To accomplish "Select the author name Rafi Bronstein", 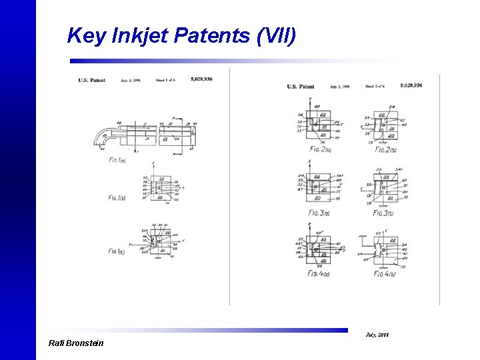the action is click(x=76, y=343).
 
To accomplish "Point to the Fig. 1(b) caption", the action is click(x=118, y=198).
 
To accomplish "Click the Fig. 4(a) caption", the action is click(x=318, y=273).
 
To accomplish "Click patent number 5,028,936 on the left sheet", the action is click(x=201, y=79).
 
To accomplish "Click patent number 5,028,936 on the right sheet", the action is click(x=411, y=85).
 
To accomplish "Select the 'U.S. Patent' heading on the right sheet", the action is click(x=301, y=87).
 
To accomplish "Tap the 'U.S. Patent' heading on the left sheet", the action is click(x=91, y=80).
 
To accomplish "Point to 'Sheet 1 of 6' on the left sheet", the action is click(x=165, y=80).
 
